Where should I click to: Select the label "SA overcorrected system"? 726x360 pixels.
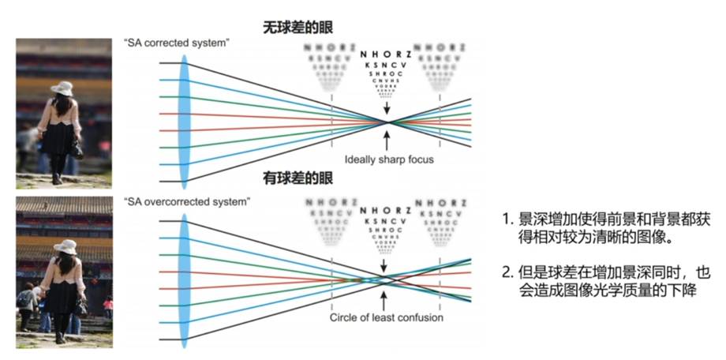187,202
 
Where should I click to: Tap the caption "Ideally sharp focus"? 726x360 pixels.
389,159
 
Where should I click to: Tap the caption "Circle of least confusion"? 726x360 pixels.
387,317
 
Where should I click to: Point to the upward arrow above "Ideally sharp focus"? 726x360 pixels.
387,141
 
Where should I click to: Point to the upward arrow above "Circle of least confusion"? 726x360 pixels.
385,300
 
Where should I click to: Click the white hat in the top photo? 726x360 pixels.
62,88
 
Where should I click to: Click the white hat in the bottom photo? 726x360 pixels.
65,247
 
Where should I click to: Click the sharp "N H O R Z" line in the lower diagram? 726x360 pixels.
385,211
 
